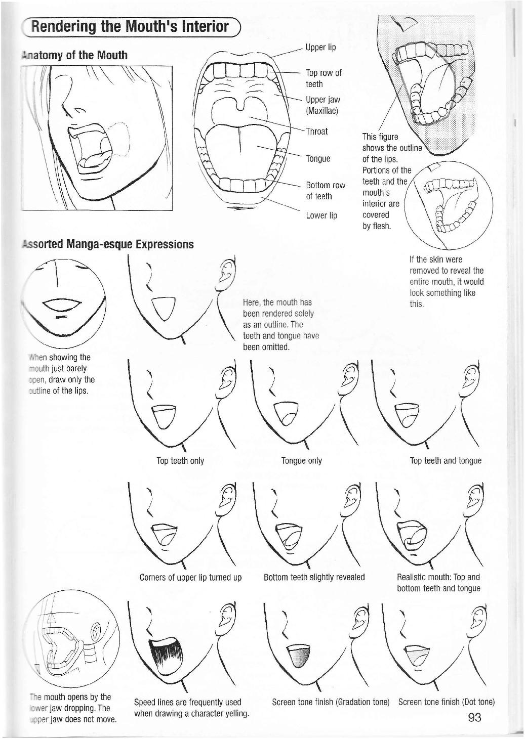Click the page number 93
click(x=474, y=717)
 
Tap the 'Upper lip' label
click(x=320, y=48)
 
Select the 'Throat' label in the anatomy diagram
click(x=317, y=132)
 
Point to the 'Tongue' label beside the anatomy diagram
click(x=318, y=159)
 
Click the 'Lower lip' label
click(x=321, y=215)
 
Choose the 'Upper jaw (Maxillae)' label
click(x=322, y=105)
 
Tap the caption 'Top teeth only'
click(x=180, y=461)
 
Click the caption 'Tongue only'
click(x=301, y=461)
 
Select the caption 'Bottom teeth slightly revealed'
click(x=314, y=577)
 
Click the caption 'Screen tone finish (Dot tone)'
click(x=446, y=702)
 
